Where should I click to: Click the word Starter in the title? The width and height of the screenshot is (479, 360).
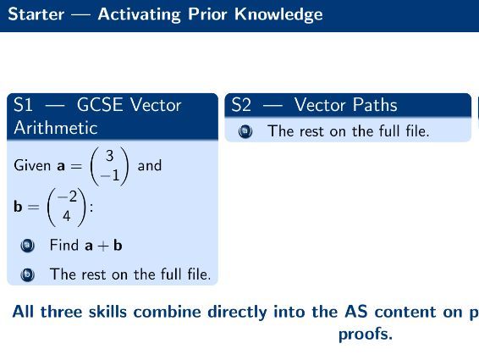[36, 15]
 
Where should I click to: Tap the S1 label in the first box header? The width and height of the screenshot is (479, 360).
[24, 105]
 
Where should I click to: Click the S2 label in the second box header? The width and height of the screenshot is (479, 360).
[242, 105]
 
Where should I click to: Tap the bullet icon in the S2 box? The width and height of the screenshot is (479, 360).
[245, 131]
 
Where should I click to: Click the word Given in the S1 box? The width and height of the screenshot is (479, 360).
[32, 166]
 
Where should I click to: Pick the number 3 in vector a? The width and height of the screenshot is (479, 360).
[109, 156]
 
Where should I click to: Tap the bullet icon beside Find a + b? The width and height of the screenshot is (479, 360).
[28, 246]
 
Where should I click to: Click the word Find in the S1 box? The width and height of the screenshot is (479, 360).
[64, 246]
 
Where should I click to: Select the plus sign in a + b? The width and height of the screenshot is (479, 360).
[102, 246]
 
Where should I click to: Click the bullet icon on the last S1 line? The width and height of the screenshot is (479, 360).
[28, 274]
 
